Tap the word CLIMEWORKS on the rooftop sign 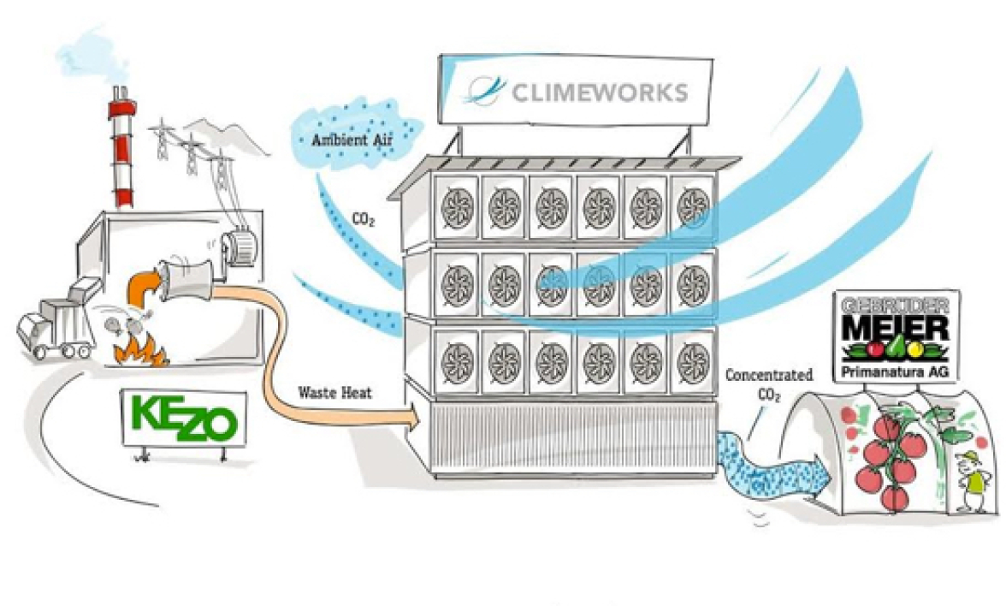pyautogui.click(x=600, y=92)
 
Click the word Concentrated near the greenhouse pyautogui.click(x=767, y=375)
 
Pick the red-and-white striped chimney pyautogui.click(x=122, y=154)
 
